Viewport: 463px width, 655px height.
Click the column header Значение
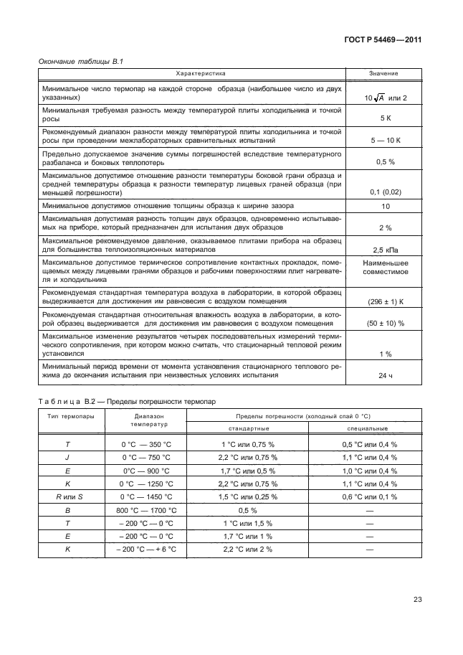point(384,74)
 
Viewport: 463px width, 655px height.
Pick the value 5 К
point(384,117)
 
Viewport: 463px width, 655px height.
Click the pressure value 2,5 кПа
point(384,250)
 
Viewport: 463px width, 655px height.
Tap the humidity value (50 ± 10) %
point(384,324)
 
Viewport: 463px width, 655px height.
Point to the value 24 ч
point(384,375)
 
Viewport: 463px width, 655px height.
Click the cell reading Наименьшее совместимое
point(384,268)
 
